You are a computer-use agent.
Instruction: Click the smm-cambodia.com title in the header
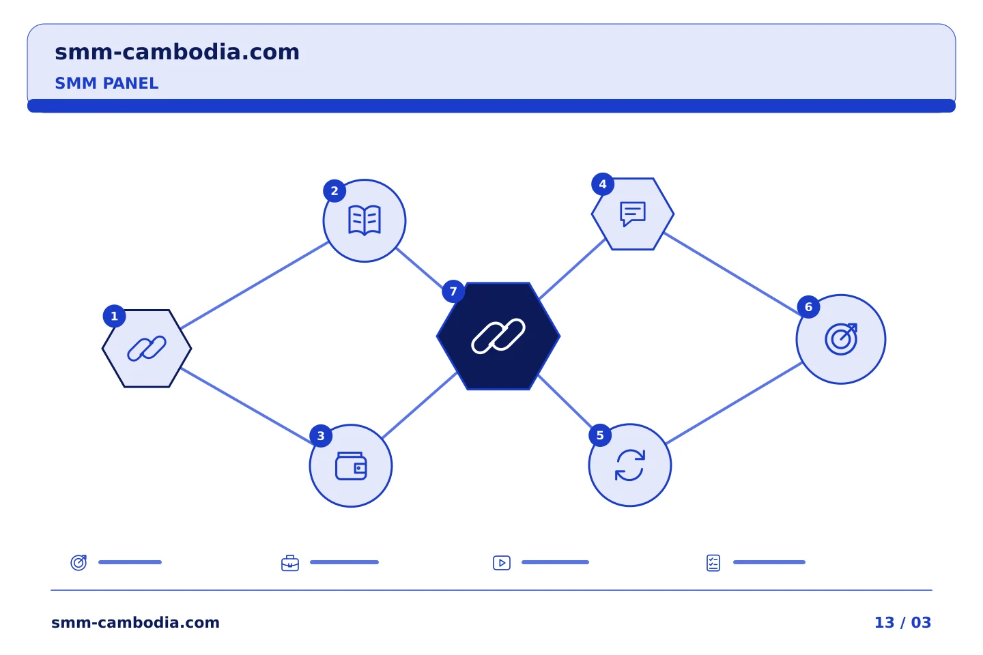[x=177, y=53]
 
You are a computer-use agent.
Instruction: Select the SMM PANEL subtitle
[x=106, y=83]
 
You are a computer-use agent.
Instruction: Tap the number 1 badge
[x=114, y=317]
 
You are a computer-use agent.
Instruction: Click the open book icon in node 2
[x=365, y=220]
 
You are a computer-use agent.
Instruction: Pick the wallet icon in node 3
[x=351, y=466]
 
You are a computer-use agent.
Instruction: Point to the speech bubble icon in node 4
[x=633, y=214]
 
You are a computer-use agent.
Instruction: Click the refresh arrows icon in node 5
[x=629, y=465]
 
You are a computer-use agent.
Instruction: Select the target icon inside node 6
[x=841, y=339]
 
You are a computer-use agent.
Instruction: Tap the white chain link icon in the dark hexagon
[x=498, y=336]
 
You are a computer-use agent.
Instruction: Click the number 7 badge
[x=453, y=291]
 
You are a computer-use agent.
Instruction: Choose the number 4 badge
[x=603, y=184]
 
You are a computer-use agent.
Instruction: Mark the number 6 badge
[x=808, y=307]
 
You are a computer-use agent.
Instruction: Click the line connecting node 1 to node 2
[x=255, y=285]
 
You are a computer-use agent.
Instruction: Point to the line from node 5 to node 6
[x=735, y=403]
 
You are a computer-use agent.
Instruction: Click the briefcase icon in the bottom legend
[x=290, y=563]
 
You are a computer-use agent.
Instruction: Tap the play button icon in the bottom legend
[x=502, y=563]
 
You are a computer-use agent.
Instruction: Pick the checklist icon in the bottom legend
[x=713, y=563]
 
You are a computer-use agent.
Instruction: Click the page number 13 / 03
[x=902, y=622]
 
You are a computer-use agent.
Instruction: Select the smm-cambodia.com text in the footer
[x=135, y=622]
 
